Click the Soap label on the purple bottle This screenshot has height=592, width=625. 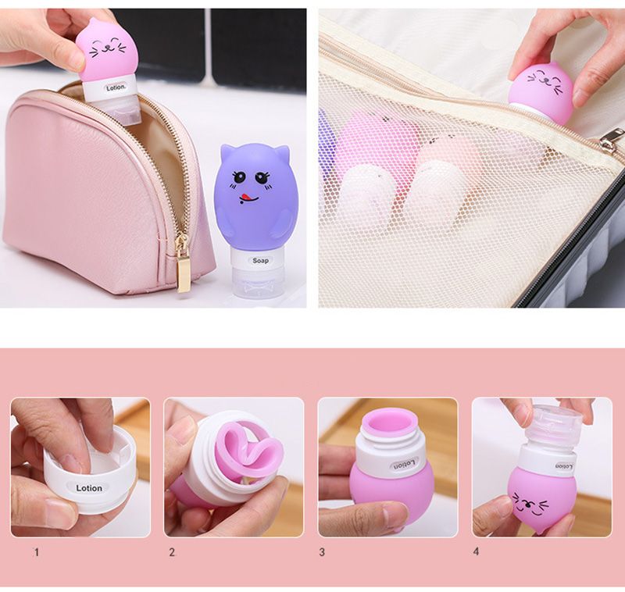[x=260, y=261]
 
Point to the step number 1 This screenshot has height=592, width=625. [x=37, y=552]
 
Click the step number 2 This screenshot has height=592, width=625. [x=172, y=552]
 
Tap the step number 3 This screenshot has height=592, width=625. [x=322, y=552]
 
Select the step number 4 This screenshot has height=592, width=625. [x=476, y=551]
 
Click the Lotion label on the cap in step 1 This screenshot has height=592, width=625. [x=89, y=488]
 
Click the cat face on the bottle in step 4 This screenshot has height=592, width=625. [x=530, y=502]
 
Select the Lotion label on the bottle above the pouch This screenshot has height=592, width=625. [x=116, y=87]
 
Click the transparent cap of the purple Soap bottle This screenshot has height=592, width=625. [x=257, y=283]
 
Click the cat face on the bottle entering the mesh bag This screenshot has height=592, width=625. [x=545, y=79]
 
